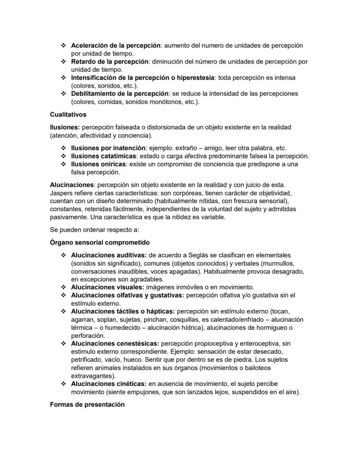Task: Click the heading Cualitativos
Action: [68, 115]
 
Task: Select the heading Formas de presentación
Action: [87, 404]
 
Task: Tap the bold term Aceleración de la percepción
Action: [116, 46]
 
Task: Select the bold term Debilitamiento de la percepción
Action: [120, 94]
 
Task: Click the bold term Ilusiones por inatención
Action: [108, 148]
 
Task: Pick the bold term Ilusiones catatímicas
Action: [104, 156]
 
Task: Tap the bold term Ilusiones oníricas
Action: [99, 164]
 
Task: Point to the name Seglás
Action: [199, 255]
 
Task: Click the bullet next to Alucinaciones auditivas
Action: [63, 255]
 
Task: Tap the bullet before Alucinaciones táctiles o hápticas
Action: [63, 312]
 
